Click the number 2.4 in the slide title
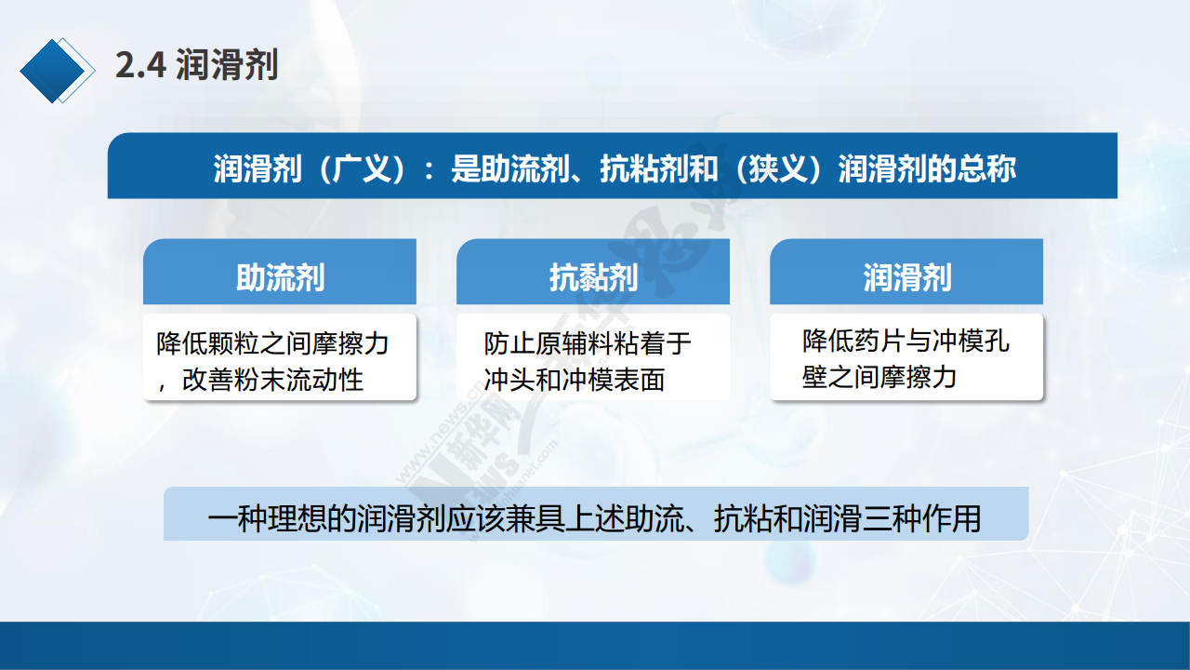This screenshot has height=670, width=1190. (140, 65)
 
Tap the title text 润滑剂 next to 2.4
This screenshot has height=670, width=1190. (227, 65)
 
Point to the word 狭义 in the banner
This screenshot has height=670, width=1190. (777, 168)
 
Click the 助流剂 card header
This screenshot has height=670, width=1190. (280, 277)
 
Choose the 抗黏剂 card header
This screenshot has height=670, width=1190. (593, 277)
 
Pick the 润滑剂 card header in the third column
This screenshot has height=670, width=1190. (906, 277)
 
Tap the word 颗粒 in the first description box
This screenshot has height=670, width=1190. (233, 343)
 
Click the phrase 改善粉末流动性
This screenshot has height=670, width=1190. (272, 380)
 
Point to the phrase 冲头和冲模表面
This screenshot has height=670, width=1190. (575, 380)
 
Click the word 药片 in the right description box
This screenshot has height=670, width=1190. (879, 341)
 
